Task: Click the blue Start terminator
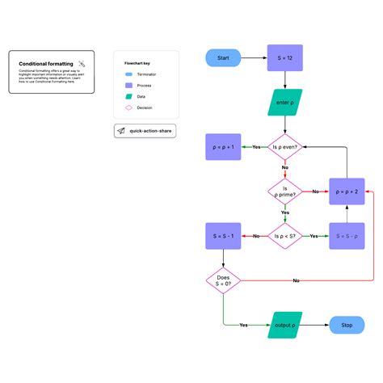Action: (x=224, y=58)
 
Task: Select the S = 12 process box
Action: (x=284, y=58)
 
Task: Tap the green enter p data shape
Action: (x=284, y=103)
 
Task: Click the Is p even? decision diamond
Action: (x=284, y=147)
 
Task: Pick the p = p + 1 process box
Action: (x=222, y=147)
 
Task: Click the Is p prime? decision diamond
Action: (x=284, y=191)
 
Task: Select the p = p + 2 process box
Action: (x=346, y=191)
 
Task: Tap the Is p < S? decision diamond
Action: (x=284, y=236)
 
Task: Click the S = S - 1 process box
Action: (x=222, y=236)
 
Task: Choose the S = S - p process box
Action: (x=346, y=236)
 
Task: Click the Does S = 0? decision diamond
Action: (x=223, y=280)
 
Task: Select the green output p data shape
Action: (x=284, y=325)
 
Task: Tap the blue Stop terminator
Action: (x=347, y=325)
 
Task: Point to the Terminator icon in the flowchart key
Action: (x=129, y=73)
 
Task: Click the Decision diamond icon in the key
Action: (x=129, y=107)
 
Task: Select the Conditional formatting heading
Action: (x=46, y=63)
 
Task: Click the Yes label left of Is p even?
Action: (x=256, y=147)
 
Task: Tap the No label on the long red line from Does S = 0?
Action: (x=296, y=280)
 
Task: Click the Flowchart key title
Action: (x=138, y=62)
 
